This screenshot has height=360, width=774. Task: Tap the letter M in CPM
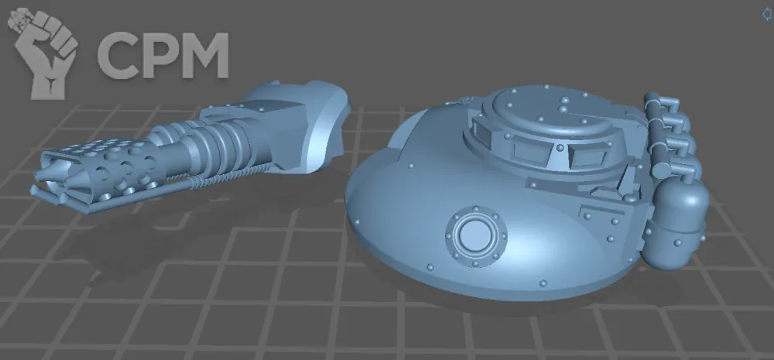point(201,55)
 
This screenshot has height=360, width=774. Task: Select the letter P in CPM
point(157,55)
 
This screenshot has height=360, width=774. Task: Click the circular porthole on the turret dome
point(476,236)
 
